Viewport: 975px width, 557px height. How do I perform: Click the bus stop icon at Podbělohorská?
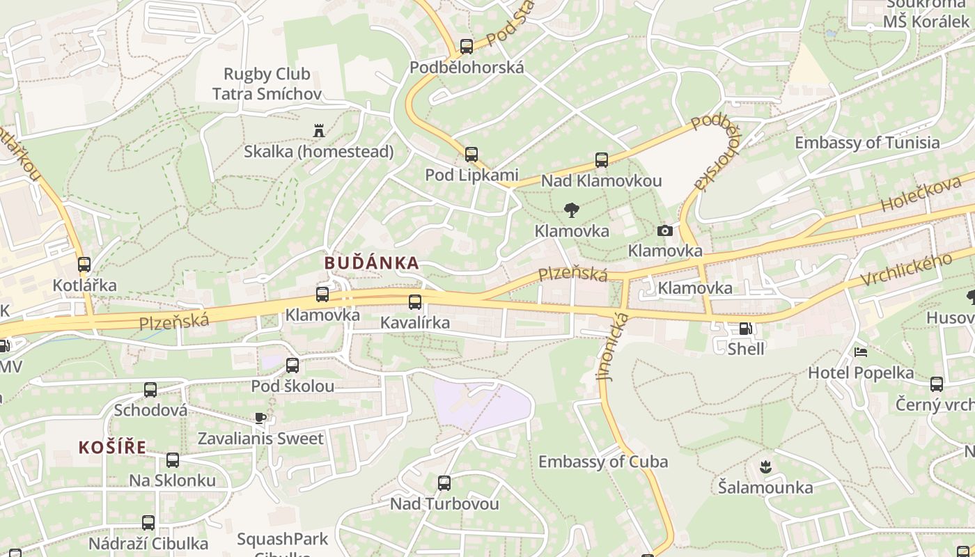click(x=467, y=47)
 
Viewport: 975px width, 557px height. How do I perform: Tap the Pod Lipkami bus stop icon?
click(x=471, y=154)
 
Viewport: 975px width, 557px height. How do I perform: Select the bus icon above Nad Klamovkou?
click(x=602, y=160)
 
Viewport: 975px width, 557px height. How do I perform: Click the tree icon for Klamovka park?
click(x=572, y=210)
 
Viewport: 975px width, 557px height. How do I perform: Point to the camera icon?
click(x=665, y=230)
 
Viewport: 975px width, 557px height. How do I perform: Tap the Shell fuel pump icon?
click(x=745, y=329)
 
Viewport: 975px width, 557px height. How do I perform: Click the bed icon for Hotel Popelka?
click(x=861, y=352)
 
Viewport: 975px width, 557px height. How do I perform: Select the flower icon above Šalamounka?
click(x=765, y=466)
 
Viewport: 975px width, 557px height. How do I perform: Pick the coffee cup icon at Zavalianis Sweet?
click(x=260, y=418)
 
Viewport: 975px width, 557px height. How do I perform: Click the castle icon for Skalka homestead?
click(x=319, y=130)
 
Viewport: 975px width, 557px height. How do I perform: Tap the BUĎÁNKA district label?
click(x=372, y=263)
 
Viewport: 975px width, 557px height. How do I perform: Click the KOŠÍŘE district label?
click(x=112, y=448)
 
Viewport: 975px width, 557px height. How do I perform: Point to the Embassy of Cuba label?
click(x=603, y=462)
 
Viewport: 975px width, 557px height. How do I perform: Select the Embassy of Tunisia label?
click(x=867, y=143)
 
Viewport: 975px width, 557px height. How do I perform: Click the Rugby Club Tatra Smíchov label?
click(x=267, y=84)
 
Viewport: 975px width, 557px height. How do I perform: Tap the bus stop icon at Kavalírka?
click(x=415, y=301)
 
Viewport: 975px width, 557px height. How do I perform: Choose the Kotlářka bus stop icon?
click(x=84, y=265)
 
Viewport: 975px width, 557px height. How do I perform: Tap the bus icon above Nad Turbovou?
click(x=444, y=483)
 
